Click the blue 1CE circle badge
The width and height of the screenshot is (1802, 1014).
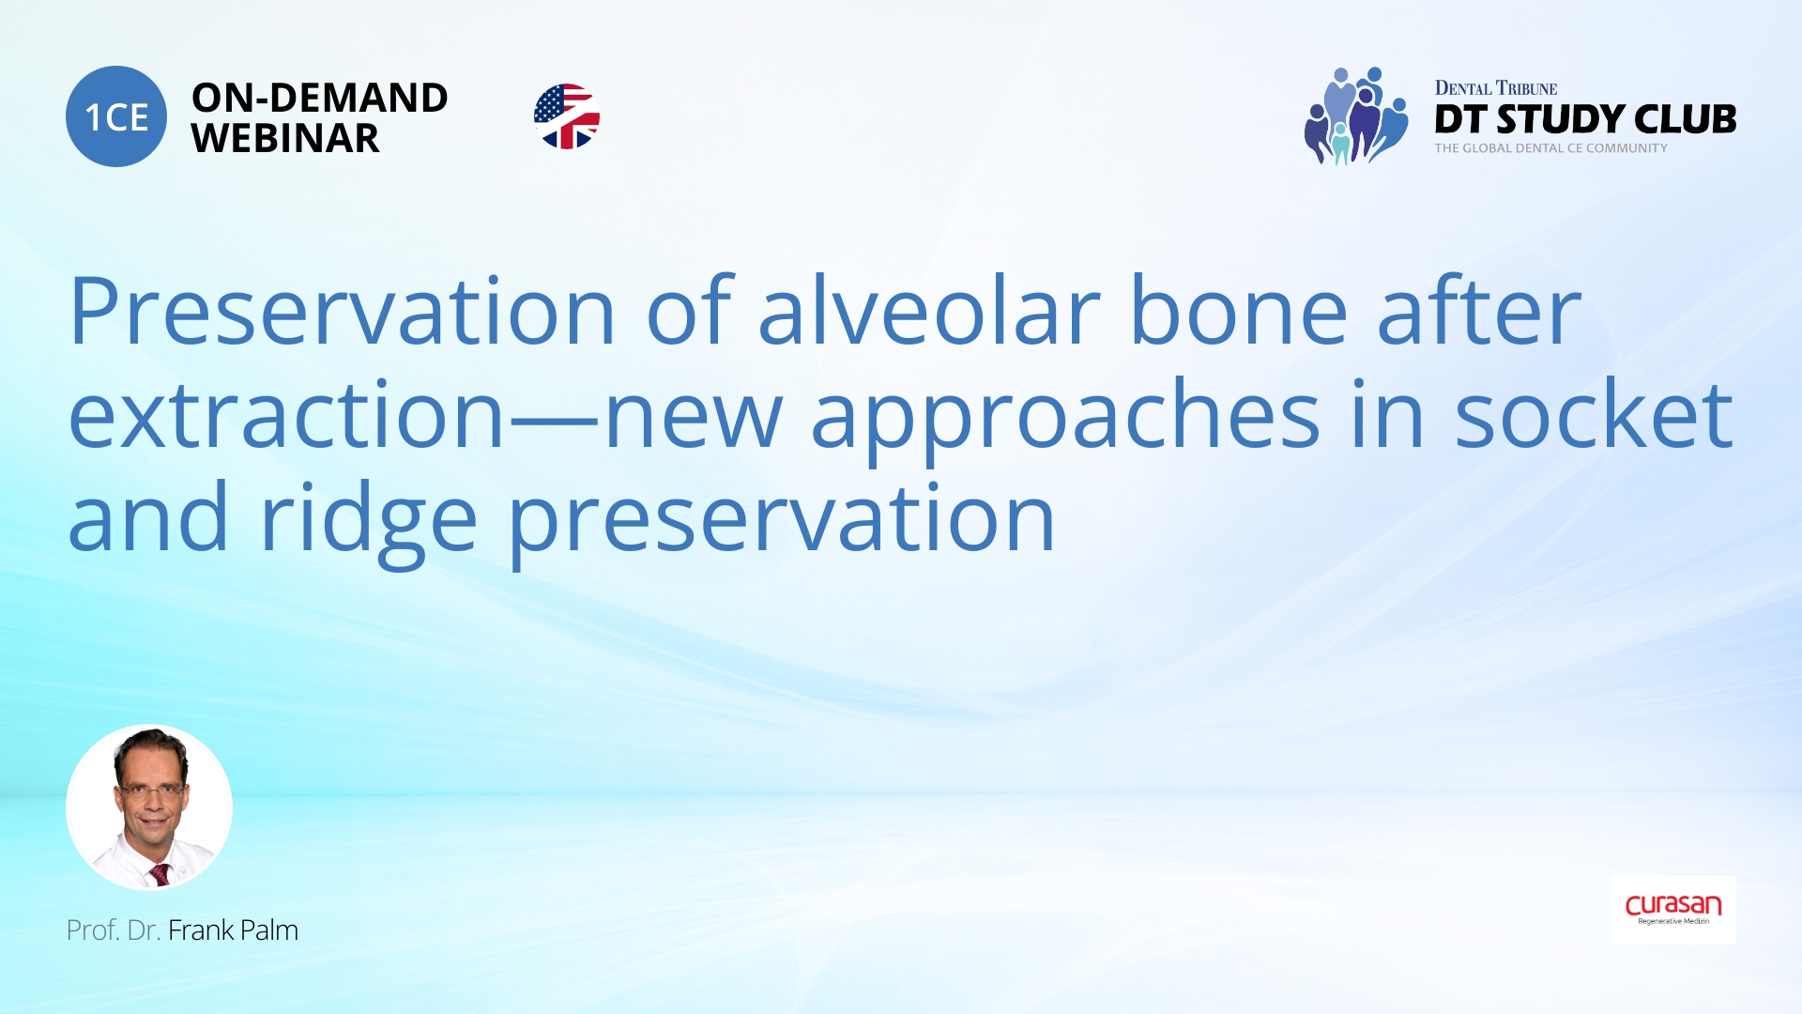coord(116,116)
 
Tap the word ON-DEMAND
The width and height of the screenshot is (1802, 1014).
coord(320,98)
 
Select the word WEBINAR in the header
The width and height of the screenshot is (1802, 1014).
coord(285,139)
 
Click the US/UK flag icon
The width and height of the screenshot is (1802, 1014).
coord(567,116)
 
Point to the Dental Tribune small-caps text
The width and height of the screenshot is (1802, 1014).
coord(1496,88)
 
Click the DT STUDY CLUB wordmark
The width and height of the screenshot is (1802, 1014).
coord(1585,119)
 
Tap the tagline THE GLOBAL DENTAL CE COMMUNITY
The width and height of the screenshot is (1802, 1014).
coord(1550,148)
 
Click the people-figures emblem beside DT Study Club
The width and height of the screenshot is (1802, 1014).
coord(1356,116)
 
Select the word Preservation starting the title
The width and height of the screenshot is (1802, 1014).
coord(342,311)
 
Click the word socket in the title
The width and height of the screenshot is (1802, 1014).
coord(1594,413)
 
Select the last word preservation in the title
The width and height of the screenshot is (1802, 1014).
coord(782,522)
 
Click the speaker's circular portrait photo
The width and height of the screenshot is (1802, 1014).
coord(149,807)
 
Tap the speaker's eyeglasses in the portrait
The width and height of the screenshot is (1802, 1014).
coord(150,791)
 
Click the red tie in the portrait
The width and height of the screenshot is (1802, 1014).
coord(160,874)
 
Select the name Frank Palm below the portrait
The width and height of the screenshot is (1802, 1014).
coord(233,929)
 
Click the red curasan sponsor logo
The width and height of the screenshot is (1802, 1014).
coord(1673,908)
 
